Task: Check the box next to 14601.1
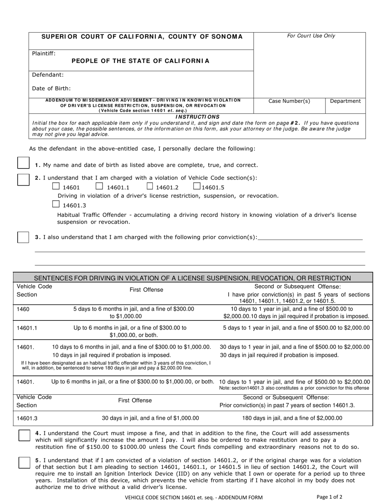(x=99, y=187)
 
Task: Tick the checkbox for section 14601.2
(x=150, y=187)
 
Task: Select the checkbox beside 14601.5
(x=196, y=187)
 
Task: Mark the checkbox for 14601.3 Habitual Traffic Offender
(x=56, y=204)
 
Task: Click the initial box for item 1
(x=23, y=164)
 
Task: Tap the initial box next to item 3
(x=23, y=237)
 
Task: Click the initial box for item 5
(x=25, y=462)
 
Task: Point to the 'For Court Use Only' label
(x=311, y=36)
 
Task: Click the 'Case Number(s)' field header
(x=289, y=101)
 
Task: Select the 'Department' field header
(x=345, y=101)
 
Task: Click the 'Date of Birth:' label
(x=51, y=88)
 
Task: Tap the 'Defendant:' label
(x=48, y=75)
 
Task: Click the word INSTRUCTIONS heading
(x=197, y=117)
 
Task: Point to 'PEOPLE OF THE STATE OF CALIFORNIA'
(x=140, y=61)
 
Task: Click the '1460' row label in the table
(x=23, y=309)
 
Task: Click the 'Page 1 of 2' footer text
(x=329, y=497)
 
